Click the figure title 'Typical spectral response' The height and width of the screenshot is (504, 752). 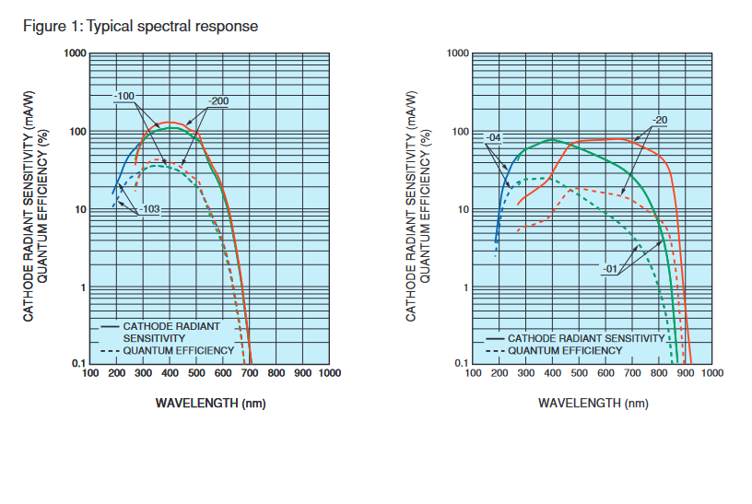coord(171,26)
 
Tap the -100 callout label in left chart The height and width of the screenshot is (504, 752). coord(125,96)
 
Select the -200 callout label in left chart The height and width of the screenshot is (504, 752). coord(218,100)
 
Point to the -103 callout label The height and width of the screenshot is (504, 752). coord(150,210)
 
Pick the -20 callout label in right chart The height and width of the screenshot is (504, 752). coord(660,120)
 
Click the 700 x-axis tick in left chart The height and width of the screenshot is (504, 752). coord(250,374)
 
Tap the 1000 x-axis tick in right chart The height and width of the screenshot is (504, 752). coord(712,374)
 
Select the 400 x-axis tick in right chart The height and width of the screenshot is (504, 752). coord(552,374)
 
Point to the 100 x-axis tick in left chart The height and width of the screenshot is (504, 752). coord(90,374)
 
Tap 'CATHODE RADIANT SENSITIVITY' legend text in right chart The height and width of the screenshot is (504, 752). coord(586,338)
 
